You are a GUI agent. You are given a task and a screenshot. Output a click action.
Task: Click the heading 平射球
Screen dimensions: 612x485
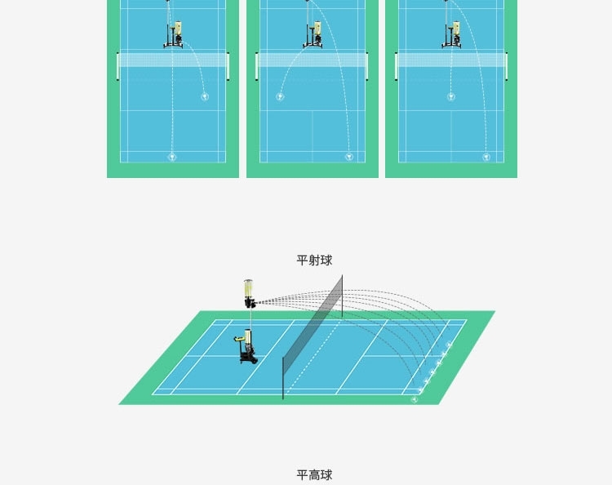tap(314, 260)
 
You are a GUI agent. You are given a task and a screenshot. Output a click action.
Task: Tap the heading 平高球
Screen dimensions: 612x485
tap(314, 475)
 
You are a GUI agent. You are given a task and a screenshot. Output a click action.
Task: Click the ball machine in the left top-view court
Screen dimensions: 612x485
tap(174, 35)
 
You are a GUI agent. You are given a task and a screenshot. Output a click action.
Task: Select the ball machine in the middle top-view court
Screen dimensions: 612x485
tap(313, 35)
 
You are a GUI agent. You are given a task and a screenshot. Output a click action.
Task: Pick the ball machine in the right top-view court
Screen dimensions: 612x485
tap(451, 35)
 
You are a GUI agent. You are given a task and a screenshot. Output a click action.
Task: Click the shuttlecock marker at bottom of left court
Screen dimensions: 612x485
tap(172, 157)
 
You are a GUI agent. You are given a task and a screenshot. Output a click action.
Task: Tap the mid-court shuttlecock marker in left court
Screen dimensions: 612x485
tap(205, 96)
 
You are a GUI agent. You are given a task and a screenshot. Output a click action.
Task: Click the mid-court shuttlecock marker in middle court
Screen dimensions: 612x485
tap(280, 96)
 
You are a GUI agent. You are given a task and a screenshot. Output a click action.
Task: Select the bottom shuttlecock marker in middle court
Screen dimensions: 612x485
tap(349, 157)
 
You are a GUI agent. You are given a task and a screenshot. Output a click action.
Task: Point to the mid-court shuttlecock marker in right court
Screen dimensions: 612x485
tap(451, 96)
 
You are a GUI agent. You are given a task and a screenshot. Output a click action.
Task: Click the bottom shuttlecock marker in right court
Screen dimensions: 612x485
tap(486, 157)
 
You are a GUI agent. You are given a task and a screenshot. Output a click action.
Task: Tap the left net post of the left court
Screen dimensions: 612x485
tap(118, 67)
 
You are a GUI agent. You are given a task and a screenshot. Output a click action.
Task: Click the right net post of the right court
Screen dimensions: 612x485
tap(507, 67)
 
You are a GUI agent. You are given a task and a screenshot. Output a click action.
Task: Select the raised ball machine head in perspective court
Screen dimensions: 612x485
tap(249, 294)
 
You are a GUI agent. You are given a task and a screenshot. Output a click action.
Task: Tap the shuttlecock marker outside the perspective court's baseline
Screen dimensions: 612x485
tap(415, 399)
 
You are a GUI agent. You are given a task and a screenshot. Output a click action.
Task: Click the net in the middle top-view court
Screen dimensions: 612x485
tap(313, 60)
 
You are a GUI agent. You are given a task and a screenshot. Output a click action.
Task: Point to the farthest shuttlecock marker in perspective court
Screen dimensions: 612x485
tap(449, 345)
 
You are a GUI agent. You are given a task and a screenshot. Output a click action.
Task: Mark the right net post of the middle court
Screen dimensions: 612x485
tap(367, 67)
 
